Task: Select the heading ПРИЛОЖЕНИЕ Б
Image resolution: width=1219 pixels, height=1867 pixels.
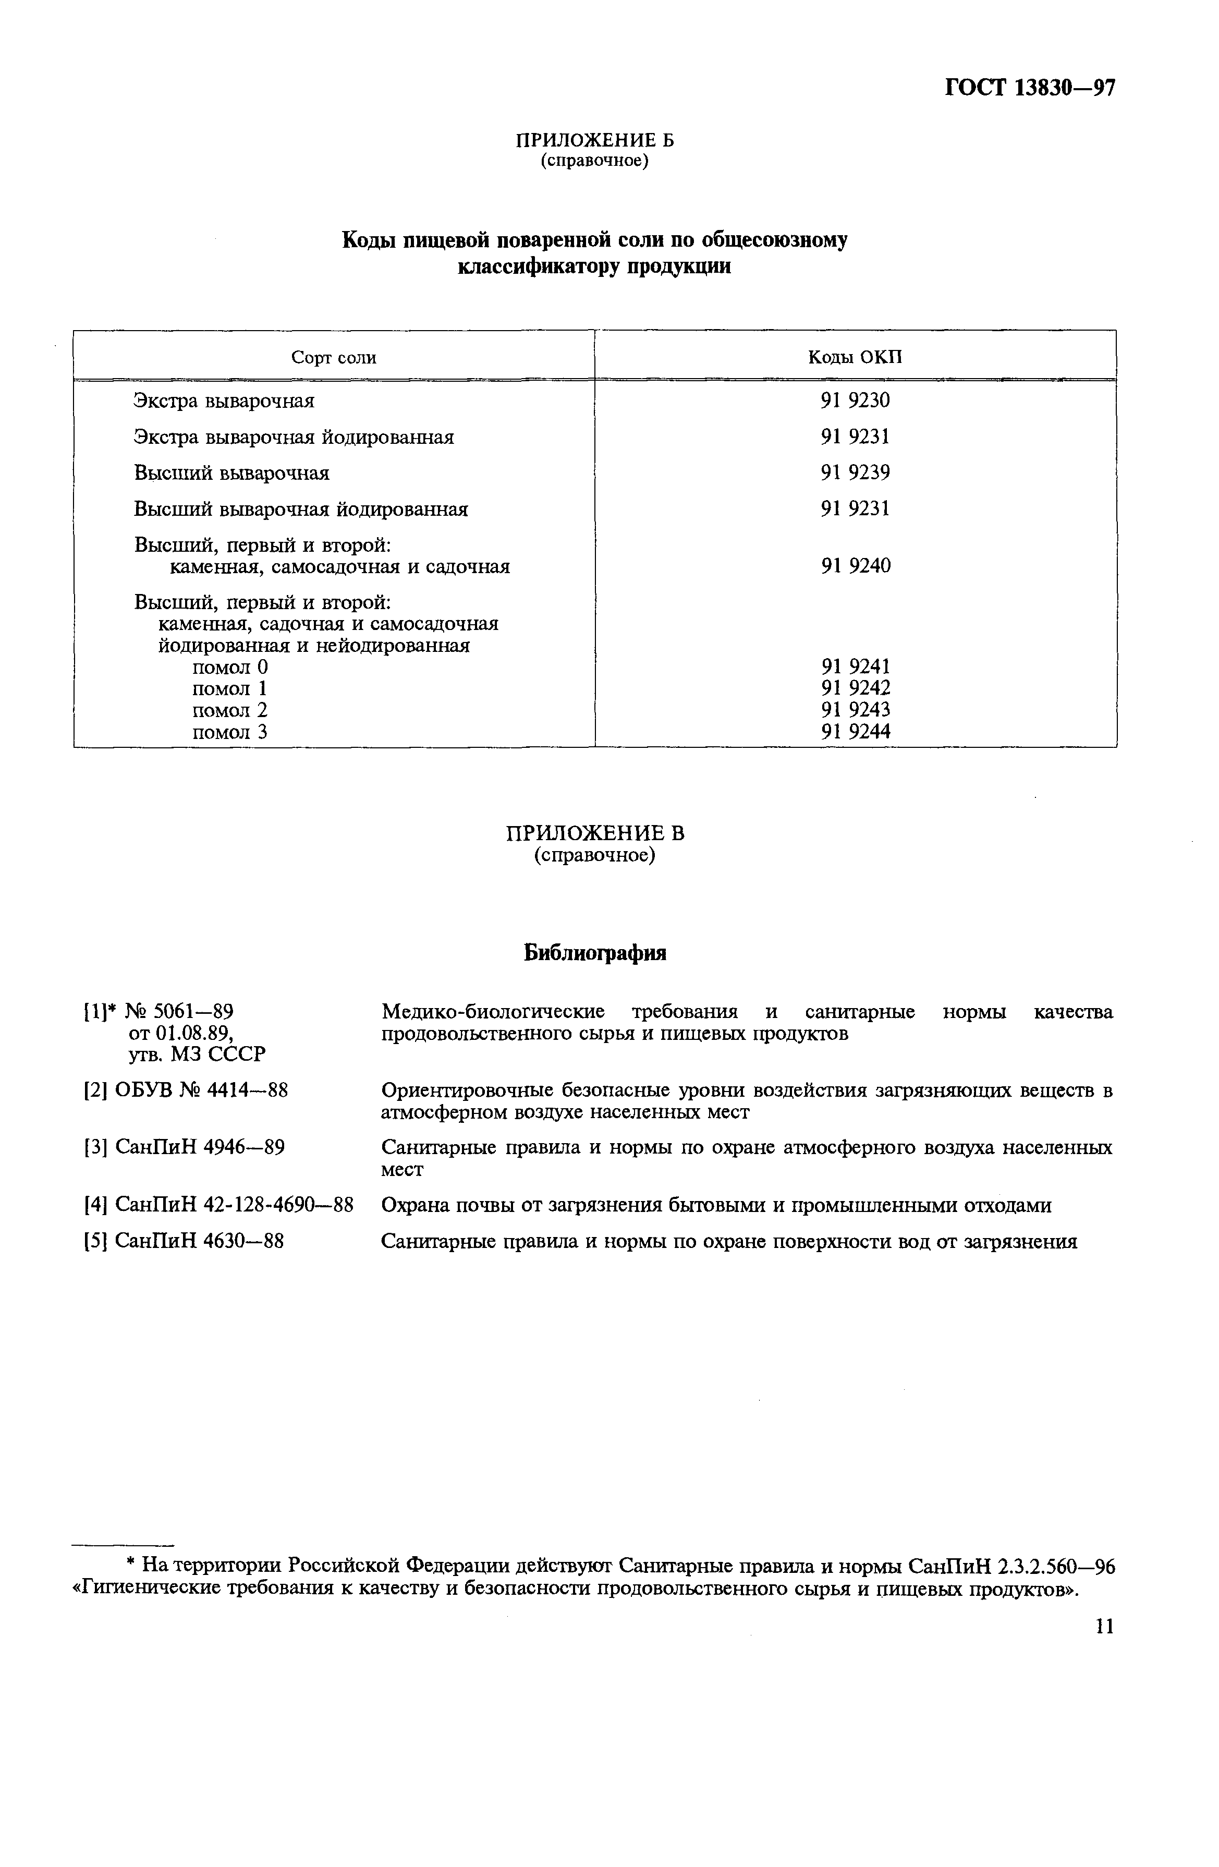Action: tap(594, 140)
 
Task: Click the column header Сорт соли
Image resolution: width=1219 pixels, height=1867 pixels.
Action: tap(333, 358)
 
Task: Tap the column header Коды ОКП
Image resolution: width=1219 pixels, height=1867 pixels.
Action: tap(855, 358)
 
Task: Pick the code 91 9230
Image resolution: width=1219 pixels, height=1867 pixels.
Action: tap(855, 401)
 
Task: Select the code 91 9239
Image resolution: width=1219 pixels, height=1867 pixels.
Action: tap(855, 473)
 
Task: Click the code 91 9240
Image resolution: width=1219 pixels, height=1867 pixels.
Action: tap(855, 566)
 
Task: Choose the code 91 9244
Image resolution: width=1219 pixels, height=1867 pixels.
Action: tap(855, 732)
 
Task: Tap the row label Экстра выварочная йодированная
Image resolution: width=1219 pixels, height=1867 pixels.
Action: tap(294, 437)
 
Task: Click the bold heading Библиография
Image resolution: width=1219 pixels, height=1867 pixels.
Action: tap(594, 953)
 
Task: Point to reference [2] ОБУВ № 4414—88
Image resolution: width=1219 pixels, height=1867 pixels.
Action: tap(186, 1091)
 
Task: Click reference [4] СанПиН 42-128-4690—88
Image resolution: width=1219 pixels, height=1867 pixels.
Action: tap(219, 1205)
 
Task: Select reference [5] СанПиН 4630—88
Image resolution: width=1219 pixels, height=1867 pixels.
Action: tap(184, 1241)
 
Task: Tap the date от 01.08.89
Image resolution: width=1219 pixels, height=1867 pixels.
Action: tap(180, 1033)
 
